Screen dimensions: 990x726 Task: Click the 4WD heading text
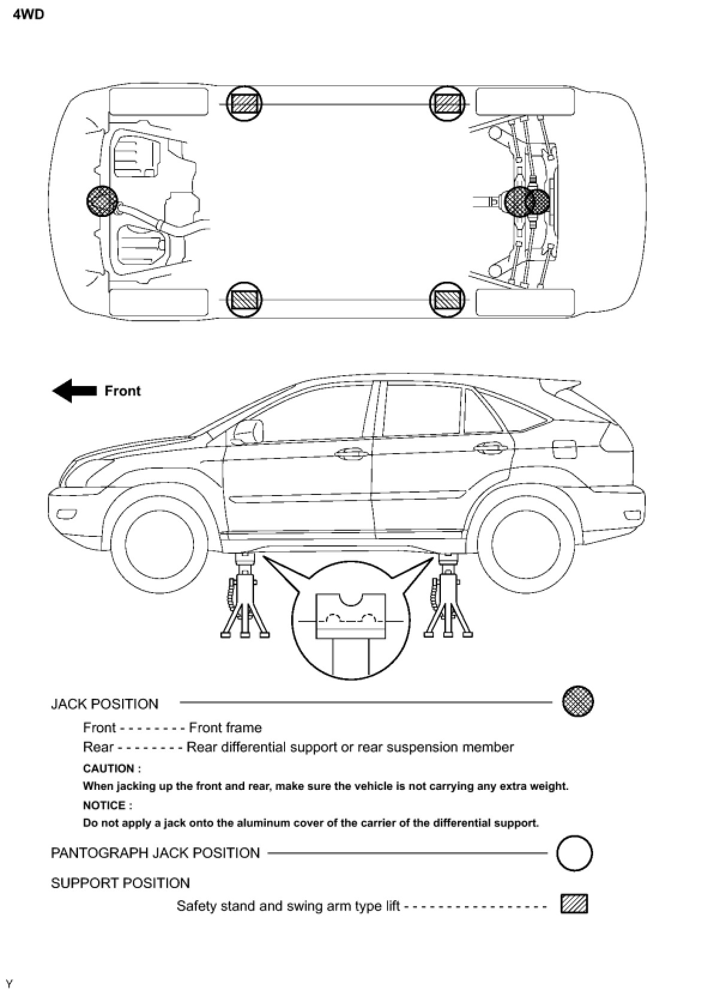[28, 15]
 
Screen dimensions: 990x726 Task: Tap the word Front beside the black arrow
[122, 391]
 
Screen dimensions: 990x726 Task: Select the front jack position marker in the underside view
[102, 201]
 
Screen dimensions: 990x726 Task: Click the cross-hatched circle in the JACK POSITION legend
[577, 701]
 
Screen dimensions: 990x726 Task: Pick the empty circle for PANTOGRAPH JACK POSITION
[574, 853]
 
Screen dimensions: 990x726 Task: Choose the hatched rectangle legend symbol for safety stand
[574, 904]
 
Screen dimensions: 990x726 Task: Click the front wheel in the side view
[153, 544]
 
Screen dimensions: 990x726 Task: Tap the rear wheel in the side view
[519, 544]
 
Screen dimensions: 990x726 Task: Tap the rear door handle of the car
[488, 447]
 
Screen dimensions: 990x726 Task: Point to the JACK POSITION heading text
[105, 704]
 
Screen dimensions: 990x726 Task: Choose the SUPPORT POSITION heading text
[120, 883]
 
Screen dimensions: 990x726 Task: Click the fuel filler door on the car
[564, 448]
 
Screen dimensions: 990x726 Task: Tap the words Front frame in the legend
[225, 728]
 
